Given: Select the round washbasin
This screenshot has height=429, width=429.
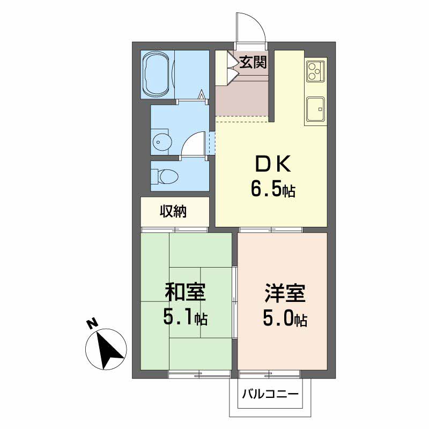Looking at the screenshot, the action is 162,142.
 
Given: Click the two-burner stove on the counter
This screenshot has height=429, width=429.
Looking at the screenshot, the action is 315,71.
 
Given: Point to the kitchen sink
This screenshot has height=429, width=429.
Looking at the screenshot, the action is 315,109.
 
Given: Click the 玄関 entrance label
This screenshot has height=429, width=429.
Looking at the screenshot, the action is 253,62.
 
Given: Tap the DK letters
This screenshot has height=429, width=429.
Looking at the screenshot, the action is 273,165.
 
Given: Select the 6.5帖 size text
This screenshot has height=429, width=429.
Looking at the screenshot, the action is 273,190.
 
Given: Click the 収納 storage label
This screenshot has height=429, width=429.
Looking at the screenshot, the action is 173,211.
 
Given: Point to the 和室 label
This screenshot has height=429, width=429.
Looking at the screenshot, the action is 185,292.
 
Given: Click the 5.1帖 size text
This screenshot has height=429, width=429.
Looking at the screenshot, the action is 185,317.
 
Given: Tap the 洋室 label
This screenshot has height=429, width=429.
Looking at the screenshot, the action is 285,293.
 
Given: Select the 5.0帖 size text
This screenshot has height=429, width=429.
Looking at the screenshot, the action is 285,319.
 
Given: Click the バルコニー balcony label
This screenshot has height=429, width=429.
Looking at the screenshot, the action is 270,395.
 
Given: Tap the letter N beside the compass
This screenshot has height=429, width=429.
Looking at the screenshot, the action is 93,323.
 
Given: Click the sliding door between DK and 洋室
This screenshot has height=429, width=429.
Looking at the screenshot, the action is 271,230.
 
